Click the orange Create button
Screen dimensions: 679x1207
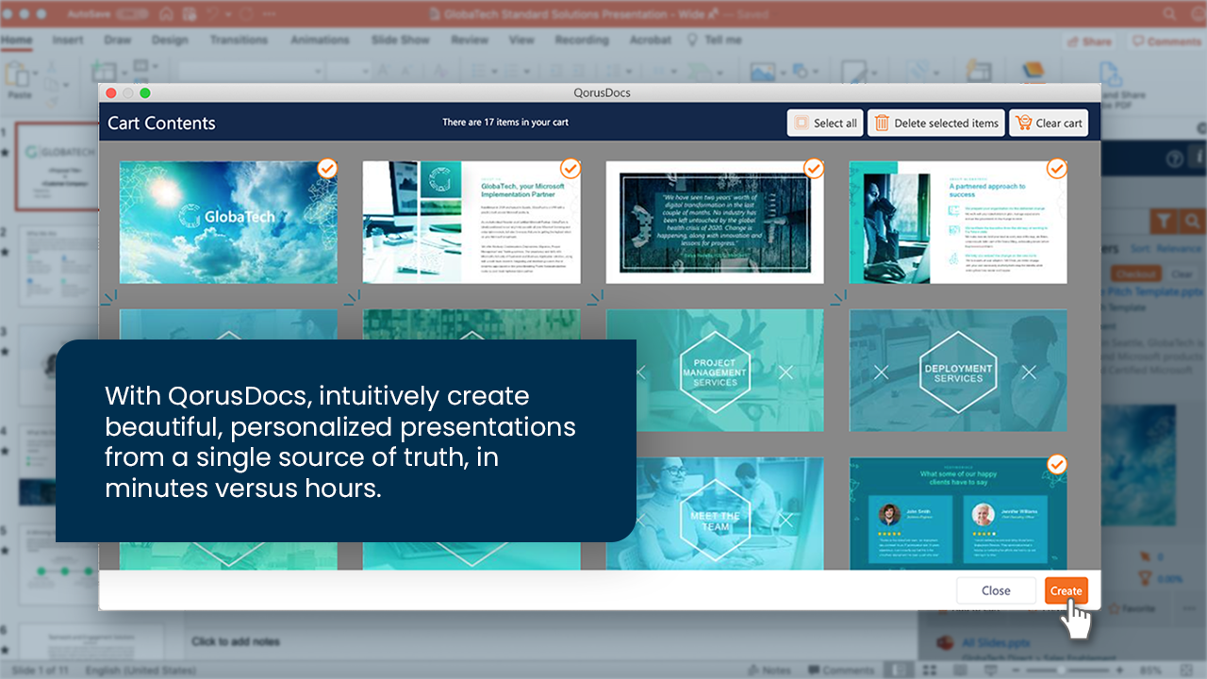(1066, 590)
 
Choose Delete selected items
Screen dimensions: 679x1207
(935, 123)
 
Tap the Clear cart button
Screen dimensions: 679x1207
(1049, 123)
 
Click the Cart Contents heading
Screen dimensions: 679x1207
(161, 123)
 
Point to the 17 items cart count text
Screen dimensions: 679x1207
(505, 123)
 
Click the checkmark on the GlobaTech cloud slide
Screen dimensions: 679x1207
(326, 168)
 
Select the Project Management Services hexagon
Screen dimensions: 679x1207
(715, 372)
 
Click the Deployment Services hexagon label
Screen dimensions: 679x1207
(957, 372)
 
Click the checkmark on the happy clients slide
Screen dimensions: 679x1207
(1057, 464)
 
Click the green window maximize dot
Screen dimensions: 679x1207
(145, 92)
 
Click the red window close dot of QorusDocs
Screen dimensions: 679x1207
(111, 92)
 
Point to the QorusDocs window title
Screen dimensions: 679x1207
(601, 92)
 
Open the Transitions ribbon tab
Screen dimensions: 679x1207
(239, 40)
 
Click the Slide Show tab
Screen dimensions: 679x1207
(400, 40)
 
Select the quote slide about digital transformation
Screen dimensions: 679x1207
(714, 222)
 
